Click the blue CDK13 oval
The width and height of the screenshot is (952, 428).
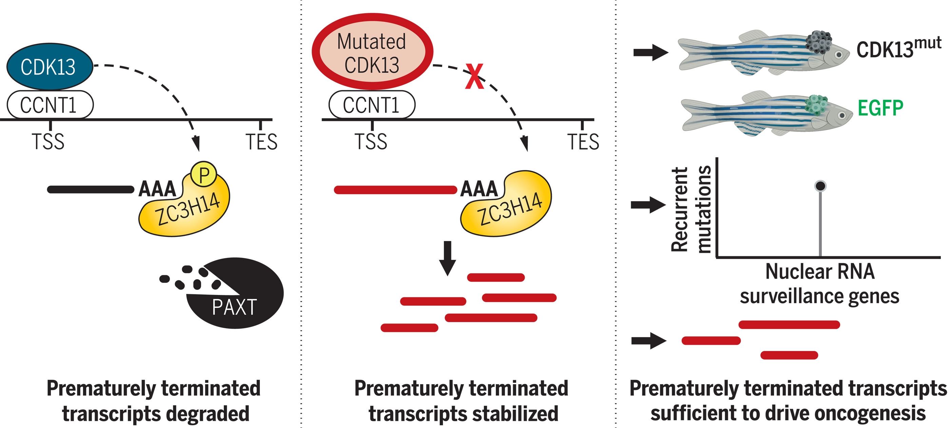(x=49, y=67)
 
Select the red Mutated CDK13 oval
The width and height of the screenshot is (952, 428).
(x=372, y=52)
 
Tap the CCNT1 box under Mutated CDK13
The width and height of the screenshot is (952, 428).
(x=372, y=105)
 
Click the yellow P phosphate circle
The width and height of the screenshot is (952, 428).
(x=203, y=174)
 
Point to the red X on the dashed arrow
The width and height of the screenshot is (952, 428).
(x=474, y=77)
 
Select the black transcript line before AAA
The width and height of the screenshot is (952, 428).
(x=91, y=189)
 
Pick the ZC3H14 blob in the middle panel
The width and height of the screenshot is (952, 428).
(x=508, y=207)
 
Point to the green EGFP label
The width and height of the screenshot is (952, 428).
(x=880, y=108)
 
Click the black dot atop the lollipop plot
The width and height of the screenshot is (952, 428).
(x=820, y=186)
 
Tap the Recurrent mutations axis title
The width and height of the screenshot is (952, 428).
(x=691, y=209)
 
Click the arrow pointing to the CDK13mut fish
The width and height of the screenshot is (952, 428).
(x=650, y=52)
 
